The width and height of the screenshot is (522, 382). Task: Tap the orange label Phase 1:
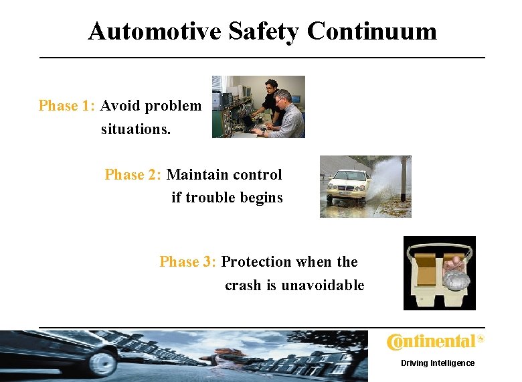(68, 106)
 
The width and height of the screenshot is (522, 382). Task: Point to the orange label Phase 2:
(133, 175)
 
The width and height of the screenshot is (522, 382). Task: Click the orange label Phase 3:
(188, 262)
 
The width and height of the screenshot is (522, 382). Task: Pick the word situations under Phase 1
(136, 129)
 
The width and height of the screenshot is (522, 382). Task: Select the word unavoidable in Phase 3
(323, 285)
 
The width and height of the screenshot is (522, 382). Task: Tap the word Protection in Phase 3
(256, 262)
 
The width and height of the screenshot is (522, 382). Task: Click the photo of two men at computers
(258, 107)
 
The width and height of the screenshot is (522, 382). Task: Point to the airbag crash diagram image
(439, 273)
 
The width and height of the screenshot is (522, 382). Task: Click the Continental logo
(434, 342)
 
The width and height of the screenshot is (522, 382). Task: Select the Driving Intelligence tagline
(437, 363)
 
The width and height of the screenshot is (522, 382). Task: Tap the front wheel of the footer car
(104, 364)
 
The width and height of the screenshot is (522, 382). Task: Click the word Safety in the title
(264, 31)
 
